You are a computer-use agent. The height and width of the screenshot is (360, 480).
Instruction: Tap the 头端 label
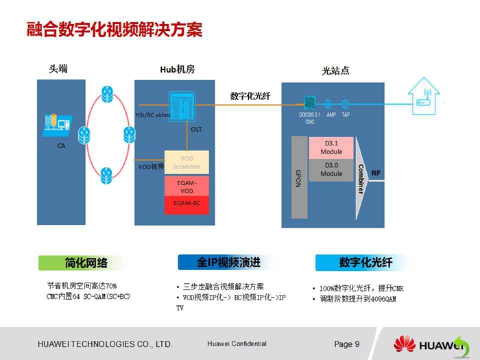58,69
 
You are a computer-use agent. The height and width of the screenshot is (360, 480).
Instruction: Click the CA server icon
57,126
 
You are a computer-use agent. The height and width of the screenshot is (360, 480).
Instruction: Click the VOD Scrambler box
187,163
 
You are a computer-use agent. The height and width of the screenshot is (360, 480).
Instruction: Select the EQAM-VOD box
187,187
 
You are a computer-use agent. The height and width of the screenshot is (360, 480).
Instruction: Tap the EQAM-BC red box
187,204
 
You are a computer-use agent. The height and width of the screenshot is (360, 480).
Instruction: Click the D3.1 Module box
331,147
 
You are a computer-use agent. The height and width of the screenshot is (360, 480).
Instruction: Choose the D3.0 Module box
331,169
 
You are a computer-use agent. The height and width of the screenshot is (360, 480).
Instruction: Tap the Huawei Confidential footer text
236,344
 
